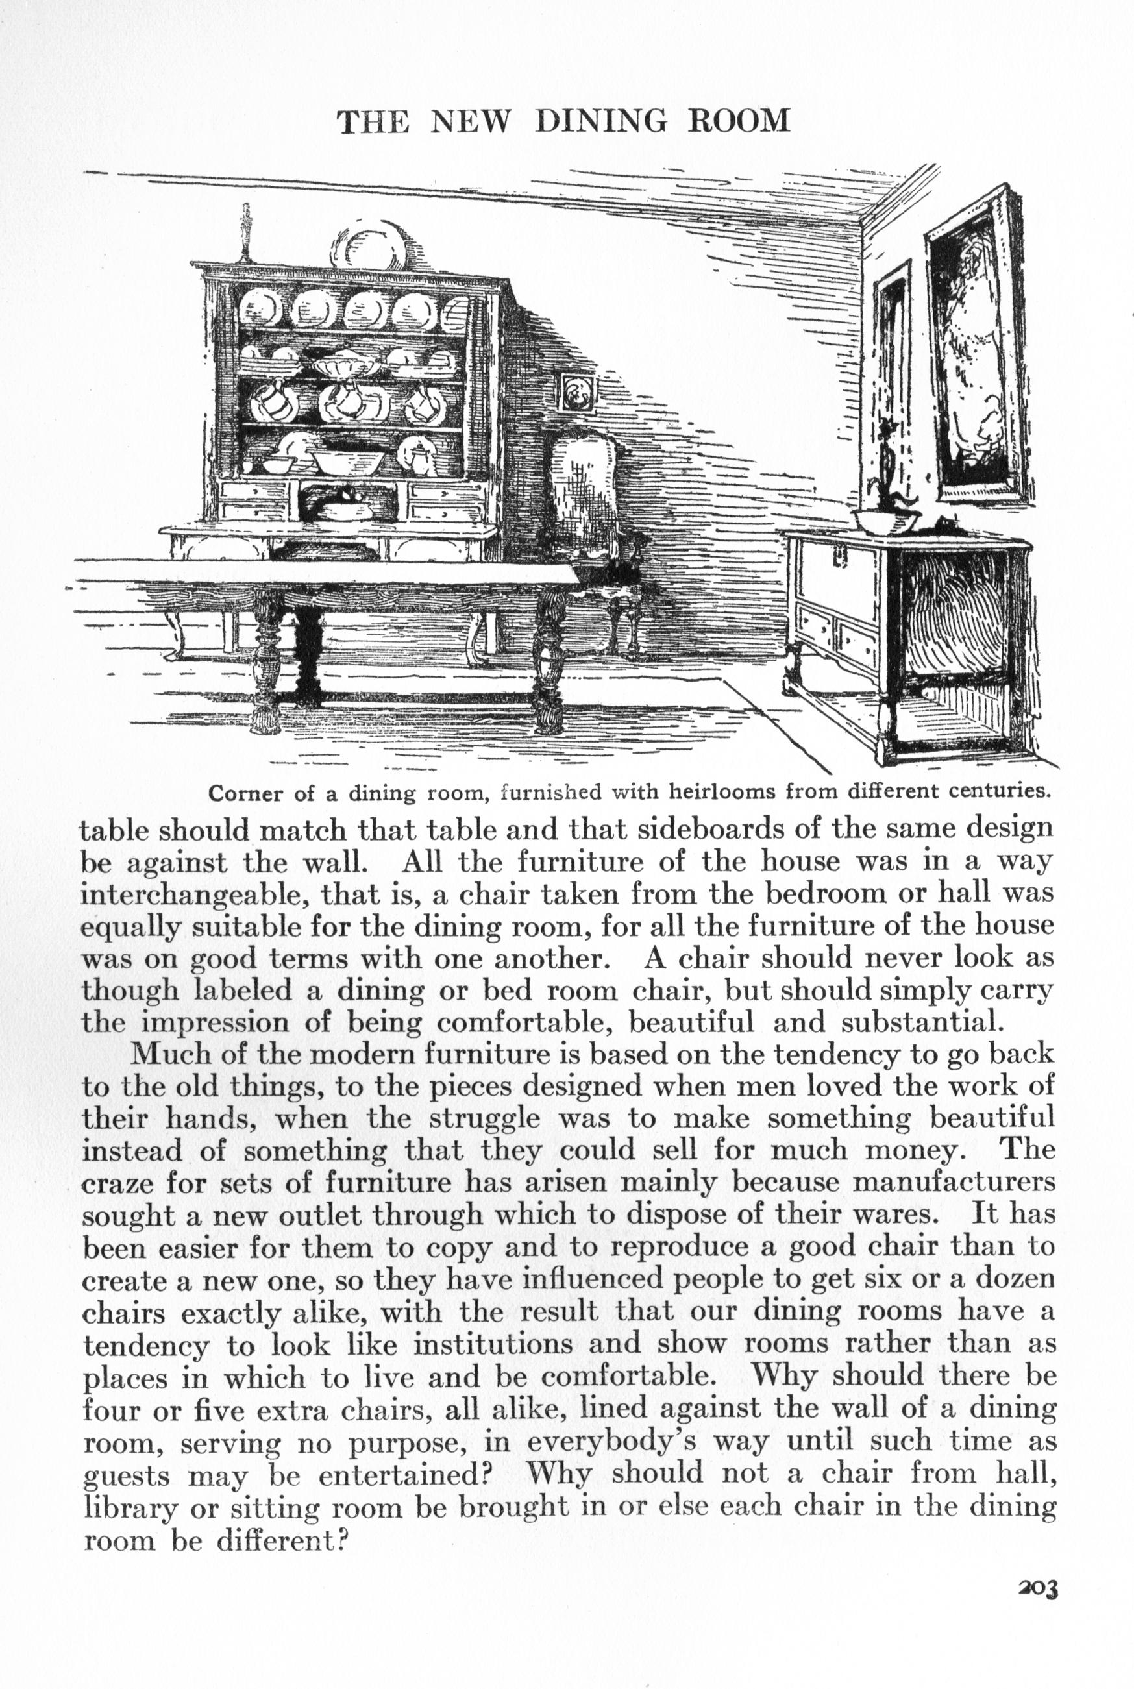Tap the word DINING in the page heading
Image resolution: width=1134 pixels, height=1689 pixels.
coord(600,121)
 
